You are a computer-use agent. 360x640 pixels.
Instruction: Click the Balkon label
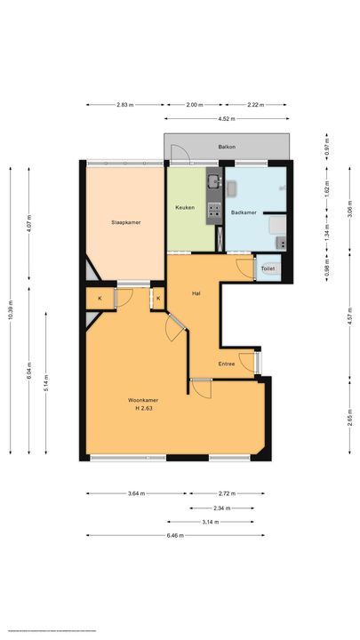coord(227,147)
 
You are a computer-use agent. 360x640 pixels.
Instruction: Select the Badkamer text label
coord(244,212)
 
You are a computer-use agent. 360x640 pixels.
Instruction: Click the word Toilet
coord(268,268)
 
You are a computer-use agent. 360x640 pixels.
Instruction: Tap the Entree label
coord(228,364)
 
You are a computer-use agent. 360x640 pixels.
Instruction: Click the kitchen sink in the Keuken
coord(213,184)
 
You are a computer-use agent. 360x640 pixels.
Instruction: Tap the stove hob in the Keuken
coord(213,210)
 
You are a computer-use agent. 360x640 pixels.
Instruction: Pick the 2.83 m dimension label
coord(124,105)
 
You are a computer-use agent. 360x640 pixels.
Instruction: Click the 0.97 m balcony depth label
coord(328,146)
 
